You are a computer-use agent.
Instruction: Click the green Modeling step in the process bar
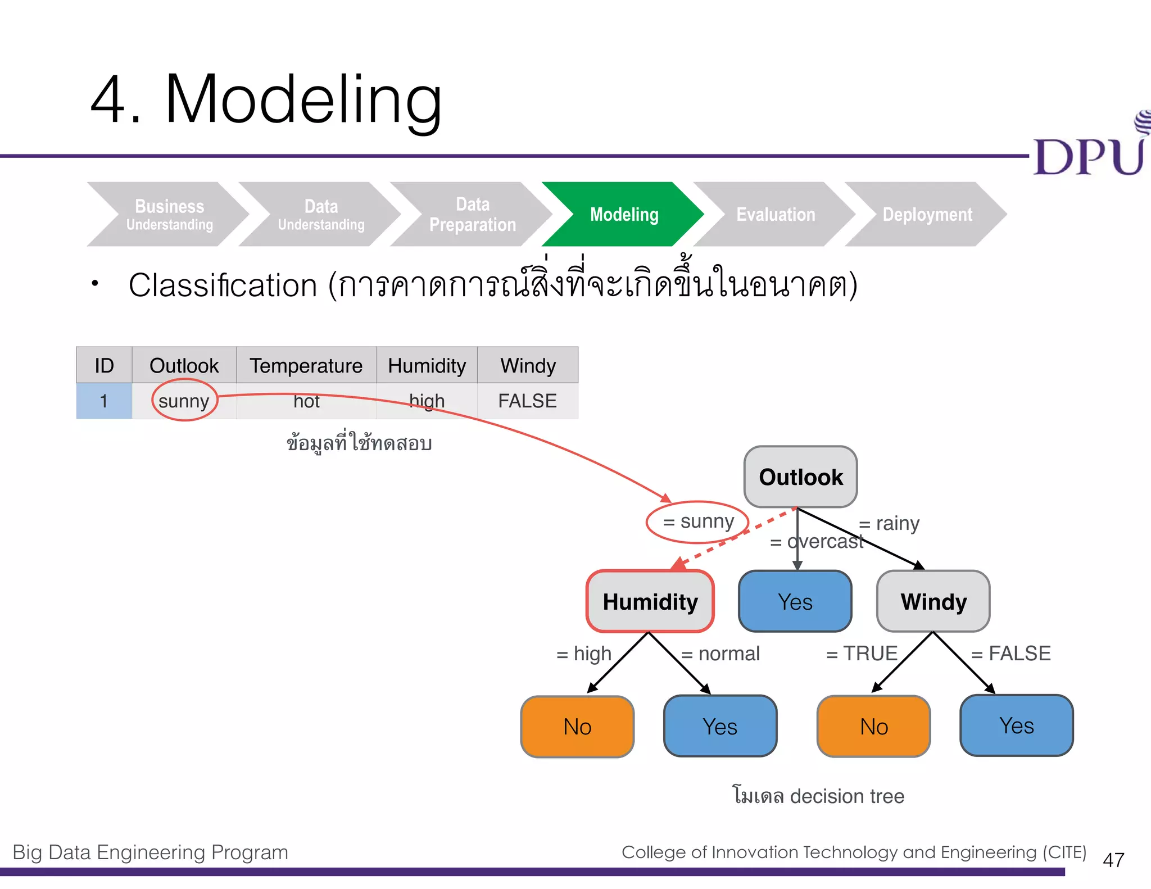[624, 214]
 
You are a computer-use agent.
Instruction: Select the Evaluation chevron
[776, 214]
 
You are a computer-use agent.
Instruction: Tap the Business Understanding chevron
[169, 214]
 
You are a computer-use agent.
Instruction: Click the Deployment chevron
[927, 214]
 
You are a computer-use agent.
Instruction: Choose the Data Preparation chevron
[472, 214]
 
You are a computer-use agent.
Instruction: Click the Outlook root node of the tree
[800, 477]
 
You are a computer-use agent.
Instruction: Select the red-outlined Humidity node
[650, 602]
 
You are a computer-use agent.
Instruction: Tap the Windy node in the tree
[934, 602]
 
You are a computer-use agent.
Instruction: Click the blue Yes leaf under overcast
[795, 602]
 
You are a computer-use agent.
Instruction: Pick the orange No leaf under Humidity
[577, 727]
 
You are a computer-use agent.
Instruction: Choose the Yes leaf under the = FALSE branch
[1016, 725]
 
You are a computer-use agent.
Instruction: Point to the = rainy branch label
[889, 523]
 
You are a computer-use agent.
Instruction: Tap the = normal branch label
[720, 654]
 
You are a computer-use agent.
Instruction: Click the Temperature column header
[306, 366]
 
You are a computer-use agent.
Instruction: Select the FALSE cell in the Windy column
[527, 401]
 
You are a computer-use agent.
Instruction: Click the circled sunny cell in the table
[184, 401]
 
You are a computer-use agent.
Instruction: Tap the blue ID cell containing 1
[104, 401]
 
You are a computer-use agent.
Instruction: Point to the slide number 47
[1113, 860]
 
